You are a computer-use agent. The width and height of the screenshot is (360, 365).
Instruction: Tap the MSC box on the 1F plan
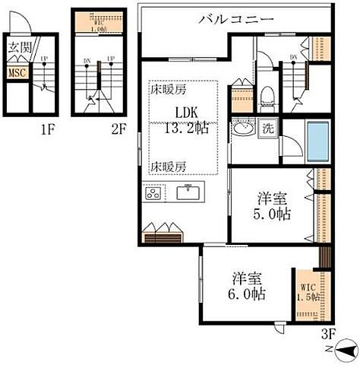[15, 73]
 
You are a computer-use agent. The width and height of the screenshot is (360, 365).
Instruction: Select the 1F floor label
[49, 129]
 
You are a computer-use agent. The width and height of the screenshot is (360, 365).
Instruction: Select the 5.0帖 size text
[270, 214]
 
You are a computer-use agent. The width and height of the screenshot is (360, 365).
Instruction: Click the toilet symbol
[266, 95]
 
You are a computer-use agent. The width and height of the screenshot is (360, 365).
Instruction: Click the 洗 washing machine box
[269, 129]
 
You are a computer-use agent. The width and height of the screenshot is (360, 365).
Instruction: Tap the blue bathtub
[317, 140]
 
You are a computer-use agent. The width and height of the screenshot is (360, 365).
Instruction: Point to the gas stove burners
[153, 193]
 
